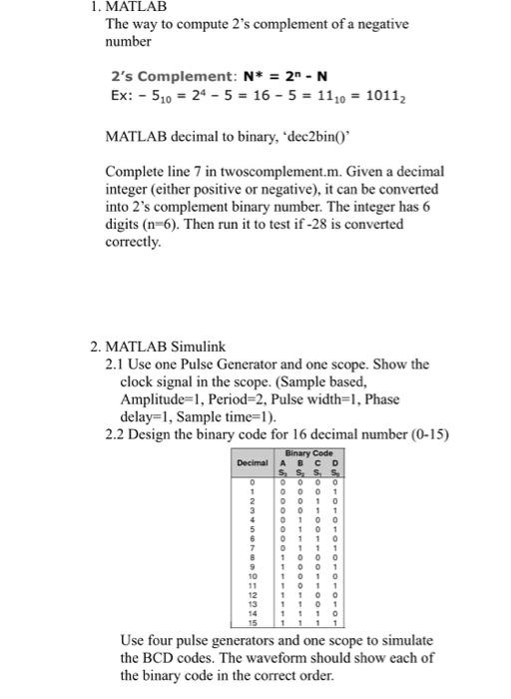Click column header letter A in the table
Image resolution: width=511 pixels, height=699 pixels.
click(281, 461)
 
